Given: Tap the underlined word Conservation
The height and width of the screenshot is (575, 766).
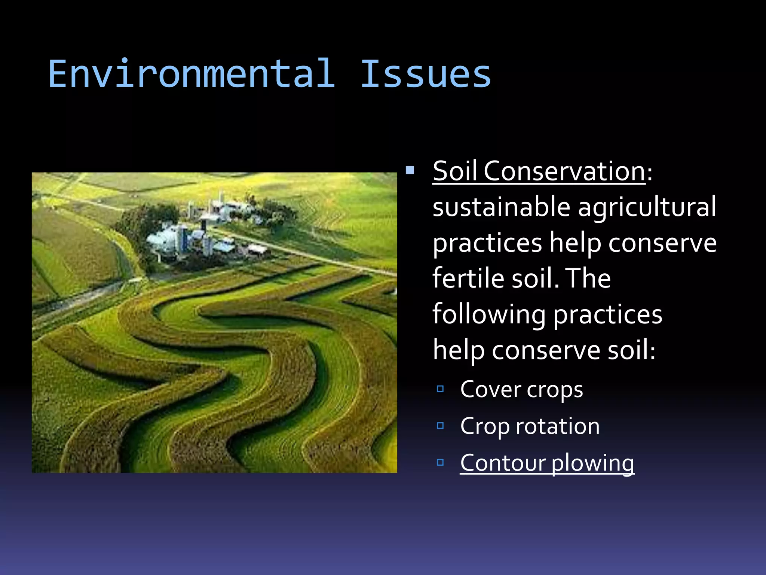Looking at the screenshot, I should (x=564, y=171).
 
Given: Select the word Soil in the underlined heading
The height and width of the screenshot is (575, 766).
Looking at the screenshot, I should (x=455, y=171).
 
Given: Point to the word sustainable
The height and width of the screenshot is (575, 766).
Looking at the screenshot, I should (x=501, y=207).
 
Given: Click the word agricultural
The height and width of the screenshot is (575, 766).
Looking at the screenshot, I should (x=647, y=207).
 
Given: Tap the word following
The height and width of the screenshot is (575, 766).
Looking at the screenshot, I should (x=488, y=314).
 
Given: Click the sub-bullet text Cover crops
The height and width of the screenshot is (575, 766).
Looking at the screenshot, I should (x=521, y=389).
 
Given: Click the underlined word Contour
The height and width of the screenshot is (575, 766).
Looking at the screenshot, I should (x=503, y=463).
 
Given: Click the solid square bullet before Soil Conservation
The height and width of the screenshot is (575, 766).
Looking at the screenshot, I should (x=410, y=171).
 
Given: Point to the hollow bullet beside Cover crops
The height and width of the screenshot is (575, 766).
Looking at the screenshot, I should (x=440, y=389).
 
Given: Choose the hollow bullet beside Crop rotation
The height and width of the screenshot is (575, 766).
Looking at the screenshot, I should (x=440, y=426).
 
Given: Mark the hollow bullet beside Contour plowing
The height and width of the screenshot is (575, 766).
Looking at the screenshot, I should (x=440, y=462).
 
